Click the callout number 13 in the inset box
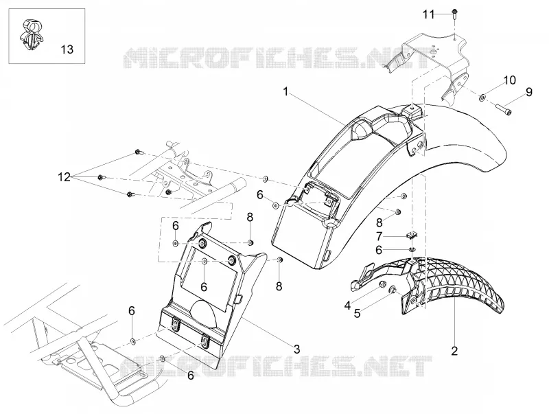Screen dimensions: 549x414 (x=67, y=49)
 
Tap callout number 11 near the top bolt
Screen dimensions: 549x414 (x=428, y=14)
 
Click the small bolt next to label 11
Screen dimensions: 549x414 (x=454, y=13)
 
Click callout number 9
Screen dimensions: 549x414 (x=528, y=92)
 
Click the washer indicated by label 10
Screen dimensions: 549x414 (x=482, y=97)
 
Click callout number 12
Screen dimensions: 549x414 (x=64, y=177)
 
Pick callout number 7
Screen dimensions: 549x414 (x=379, y=237)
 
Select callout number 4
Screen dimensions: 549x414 (x=347, y=306)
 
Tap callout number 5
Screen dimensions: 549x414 (x=357, y=314)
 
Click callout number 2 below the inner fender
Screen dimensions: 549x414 (x=454, y=351)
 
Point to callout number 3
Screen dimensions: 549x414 (x=296, y=349)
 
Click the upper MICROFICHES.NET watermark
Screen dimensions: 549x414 (x=277, y=58)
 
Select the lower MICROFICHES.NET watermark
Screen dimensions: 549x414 (x=277, y=366)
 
